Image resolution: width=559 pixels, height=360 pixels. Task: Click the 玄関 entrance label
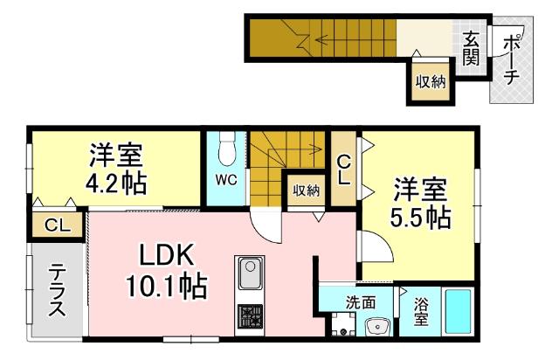(x=471, y=48)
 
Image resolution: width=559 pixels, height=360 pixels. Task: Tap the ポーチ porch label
(x=512, y=59)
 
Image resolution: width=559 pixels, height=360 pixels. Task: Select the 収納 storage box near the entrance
(x=431, y=82)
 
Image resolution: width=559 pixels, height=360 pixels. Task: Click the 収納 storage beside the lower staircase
(x=306, y=190)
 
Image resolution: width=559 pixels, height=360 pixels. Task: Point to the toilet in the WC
(x=225, y=149)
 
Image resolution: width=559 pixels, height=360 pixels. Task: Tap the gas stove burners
(x=250, y=316)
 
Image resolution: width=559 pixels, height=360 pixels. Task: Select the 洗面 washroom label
(x=360, y=303)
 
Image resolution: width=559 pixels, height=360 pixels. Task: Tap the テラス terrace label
(x=55, y=292)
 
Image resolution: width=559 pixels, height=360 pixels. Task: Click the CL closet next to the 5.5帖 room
(x=345, y=168)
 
